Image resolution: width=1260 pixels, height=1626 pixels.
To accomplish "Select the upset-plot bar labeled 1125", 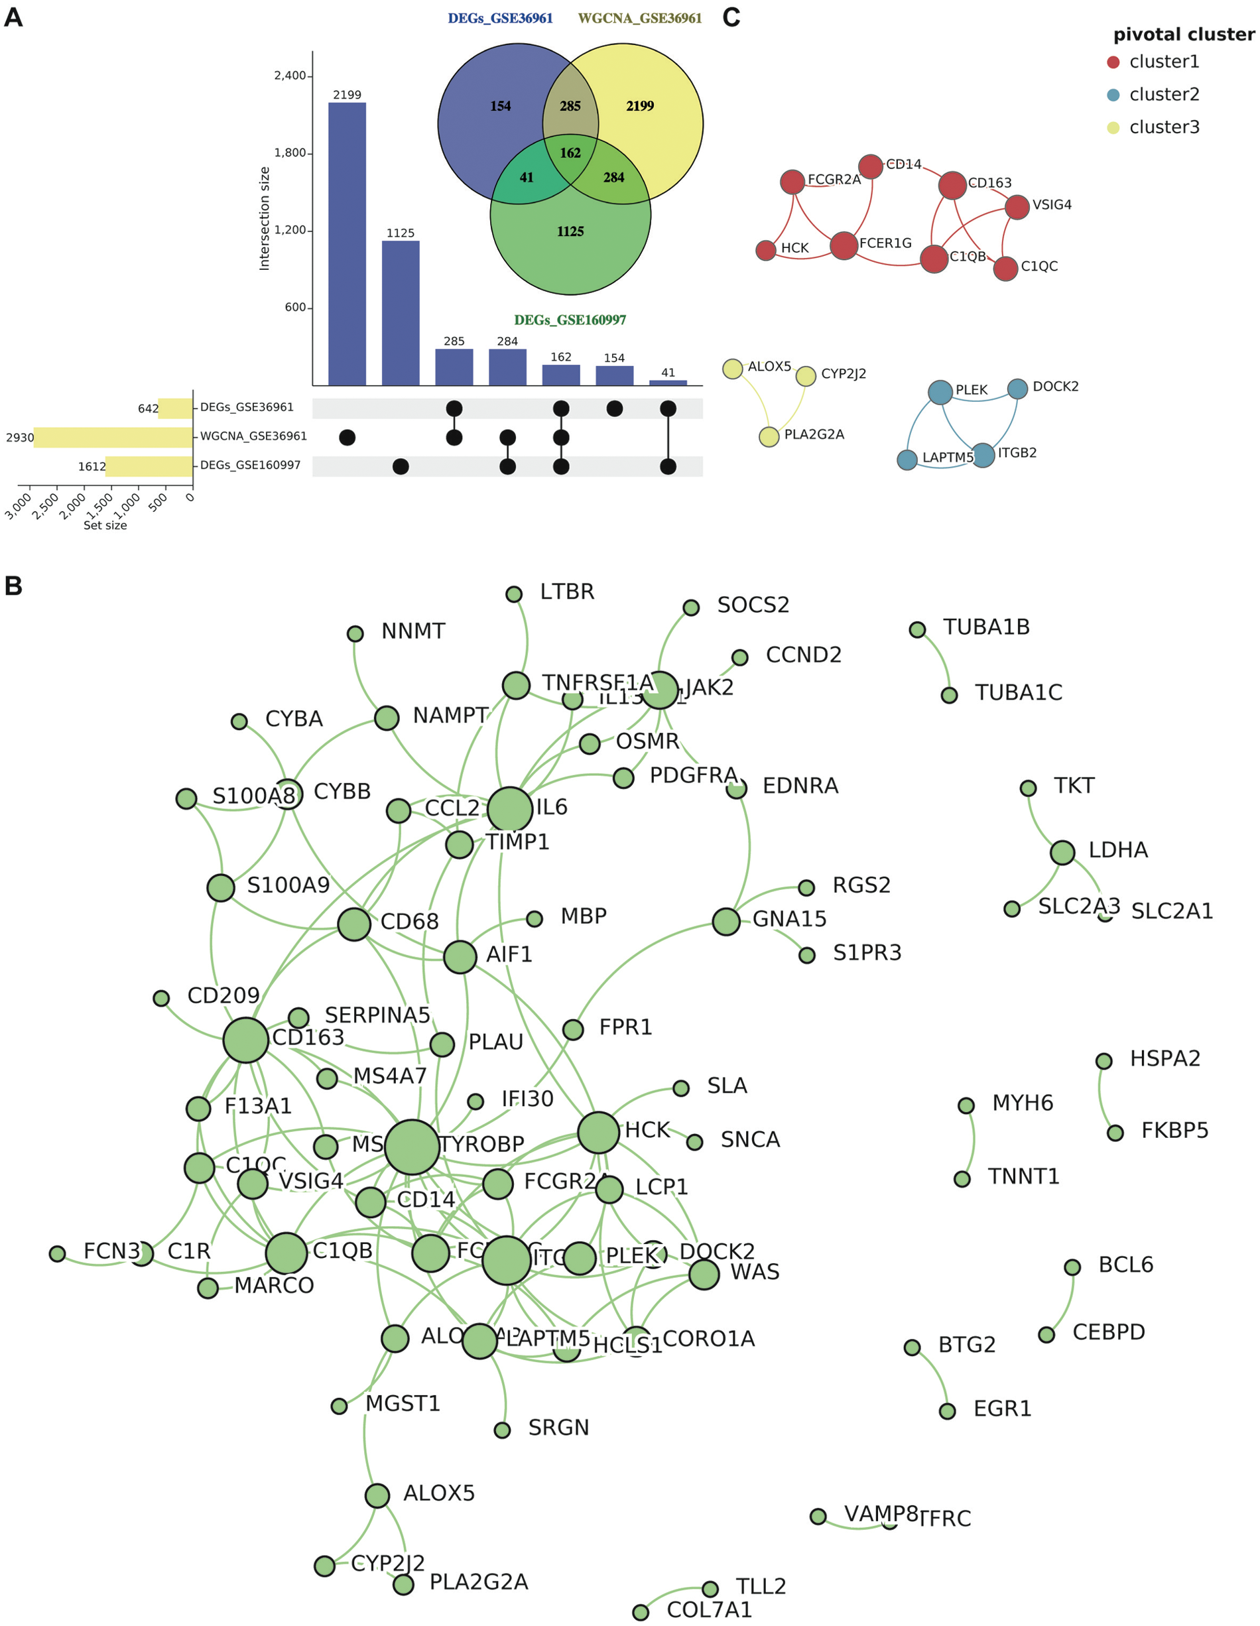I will click(x=401, y=313).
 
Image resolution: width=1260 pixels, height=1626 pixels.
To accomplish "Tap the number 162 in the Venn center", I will click(x=570, y=153).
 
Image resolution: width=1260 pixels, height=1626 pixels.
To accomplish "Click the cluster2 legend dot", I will click(x=1113, y=95).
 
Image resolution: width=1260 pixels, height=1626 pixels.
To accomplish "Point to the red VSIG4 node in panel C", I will click(x=1017, y=207).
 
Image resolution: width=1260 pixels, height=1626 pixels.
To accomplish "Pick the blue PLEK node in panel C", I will click(x=940, y=392).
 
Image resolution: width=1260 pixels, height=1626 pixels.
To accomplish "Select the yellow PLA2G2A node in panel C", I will click(x=769, y=436).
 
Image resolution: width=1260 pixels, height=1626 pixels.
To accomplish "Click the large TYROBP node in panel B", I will click(x=412, y=1147).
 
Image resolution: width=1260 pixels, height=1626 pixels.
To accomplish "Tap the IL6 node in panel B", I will click(x=510, y=808).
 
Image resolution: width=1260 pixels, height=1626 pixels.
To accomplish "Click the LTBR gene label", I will click(x=567, y=592).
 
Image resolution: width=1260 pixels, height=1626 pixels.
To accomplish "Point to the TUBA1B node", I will click(x=917, y=630).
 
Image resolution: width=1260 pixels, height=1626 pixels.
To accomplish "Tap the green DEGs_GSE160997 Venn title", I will click(x=570, y=320).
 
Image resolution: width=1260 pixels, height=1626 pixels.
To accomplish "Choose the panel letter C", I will click(x=731, y=17).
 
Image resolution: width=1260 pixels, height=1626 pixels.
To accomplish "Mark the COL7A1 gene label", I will click(x=709, y=1609).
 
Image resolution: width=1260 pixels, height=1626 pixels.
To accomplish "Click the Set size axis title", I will click(x=105, y=525).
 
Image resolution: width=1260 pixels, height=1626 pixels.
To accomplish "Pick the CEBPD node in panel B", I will click(x=1046, y=1335).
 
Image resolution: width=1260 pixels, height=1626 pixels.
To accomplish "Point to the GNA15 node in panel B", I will click(x=726, y=922).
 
